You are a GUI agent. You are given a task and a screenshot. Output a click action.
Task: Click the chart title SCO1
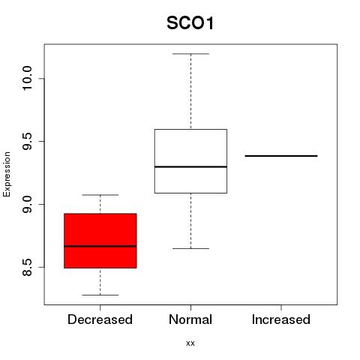click(x=190, y=23)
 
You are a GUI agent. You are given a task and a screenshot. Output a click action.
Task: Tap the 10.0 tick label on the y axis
click(x=27, y=78)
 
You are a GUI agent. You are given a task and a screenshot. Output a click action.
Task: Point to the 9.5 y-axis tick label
click(x=27, y=141)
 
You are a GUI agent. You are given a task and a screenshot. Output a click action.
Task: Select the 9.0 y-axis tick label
click(x=27, y=204)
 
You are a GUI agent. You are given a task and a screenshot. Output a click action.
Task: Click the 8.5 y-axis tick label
click(x=27, y=267)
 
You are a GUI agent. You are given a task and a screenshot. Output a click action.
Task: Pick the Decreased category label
click(x=100, y=319)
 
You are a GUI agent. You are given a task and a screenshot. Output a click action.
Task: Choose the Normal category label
click(x=190, y=319)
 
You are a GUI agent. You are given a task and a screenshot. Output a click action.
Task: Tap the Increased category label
click(x=281, y=319)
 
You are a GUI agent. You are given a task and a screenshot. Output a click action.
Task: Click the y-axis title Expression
click(x=7, y=174)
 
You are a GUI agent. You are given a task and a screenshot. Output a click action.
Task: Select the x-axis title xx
click(x=190, y=343)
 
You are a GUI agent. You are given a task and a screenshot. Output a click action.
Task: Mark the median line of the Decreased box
click(x=100, y=246)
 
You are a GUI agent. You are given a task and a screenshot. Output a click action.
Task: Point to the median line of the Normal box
click(x=190, y=166)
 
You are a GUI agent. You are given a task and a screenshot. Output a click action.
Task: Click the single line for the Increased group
click(x=281, y=156)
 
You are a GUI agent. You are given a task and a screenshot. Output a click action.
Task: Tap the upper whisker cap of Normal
click(x=190, y=54)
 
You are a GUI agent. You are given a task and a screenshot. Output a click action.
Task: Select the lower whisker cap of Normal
click(x=190, y=248)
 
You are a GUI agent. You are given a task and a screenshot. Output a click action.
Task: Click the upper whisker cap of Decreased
click(x=100, y=195)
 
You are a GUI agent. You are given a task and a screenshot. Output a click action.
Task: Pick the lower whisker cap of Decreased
click(x=100, y=295)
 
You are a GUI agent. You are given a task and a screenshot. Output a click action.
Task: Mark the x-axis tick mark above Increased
click(x=281, y=307)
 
